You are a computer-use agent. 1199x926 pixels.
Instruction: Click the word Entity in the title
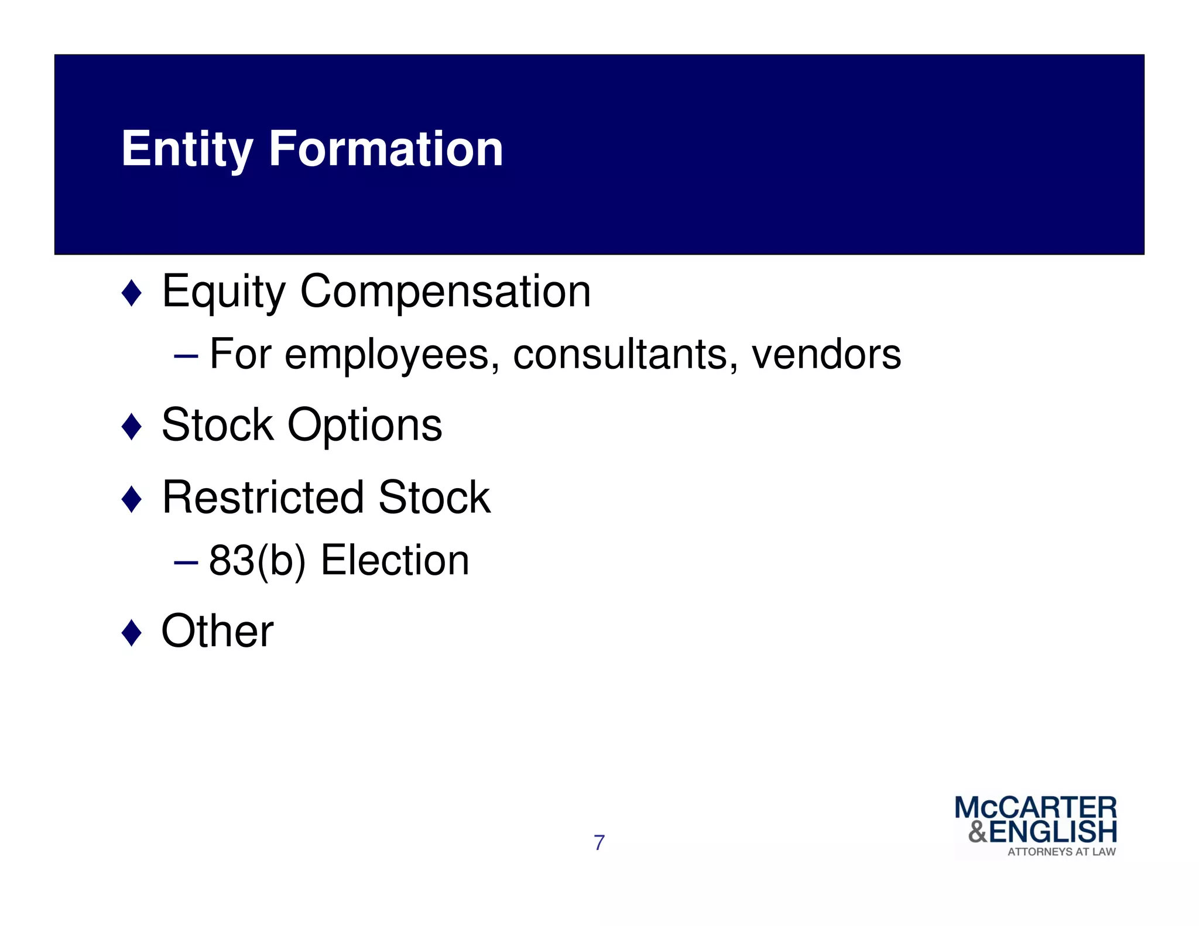coord(187,149)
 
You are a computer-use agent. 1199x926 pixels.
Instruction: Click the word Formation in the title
coord(386,149)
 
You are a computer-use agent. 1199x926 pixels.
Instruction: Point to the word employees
coord(387,355)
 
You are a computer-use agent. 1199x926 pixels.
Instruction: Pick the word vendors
coord(826,355)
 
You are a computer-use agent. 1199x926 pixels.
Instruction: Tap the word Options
coord(365,426)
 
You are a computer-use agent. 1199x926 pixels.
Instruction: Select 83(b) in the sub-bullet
coord(257,561)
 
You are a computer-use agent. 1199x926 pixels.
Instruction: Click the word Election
coord(395,561)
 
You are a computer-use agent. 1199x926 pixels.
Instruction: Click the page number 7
coord(599,843)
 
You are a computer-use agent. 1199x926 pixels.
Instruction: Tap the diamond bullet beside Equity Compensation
coord(131,293)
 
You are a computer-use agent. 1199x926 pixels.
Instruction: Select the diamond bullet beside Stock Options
coord(131,426)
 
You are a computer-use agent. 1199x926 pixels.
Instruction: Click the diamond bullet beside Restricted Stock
coord(131,499)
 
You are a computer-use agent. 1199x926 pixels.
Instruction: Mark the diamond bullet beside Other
coord(131,633)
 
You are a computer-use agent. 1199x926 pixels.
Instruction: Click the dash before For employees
coord(186,356)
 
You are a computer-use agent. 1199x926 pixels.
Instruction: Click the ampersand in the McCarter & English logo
coord(978,831)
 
